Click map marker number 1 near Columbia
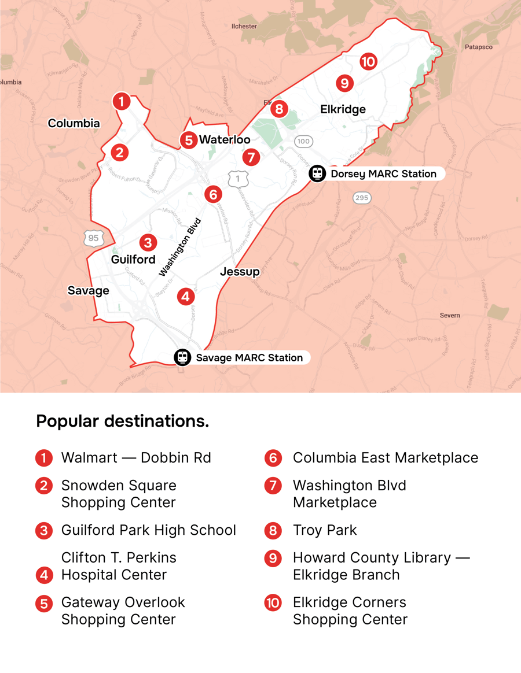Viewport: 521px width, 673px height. pyautogui.click(x=121, y=102)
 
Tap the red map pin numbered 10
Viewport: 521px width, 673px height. pyautogui.click(x=368, y=61)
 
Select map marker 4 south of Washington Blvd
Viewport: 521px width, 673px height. pyautogui.click(x=185, y=297)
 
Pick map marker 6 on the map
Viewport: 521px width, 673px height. pyautogui.click(x=213, y=194)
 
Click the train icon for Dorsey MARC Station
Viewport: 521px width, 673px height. pyautogui.click(x=317, y=173)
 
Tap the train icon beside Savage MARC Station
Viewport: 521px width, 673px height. pyautogui.click(x=183, y=357)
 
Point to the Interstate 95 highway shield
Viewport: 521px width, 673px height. pyautogui.click(x=93, y=238)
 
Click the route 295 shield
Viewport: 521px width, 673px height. pyautogui.click(x=362, y=198)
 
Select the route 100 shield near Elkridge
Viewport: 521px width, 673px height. pyautogui.click(x=303, y=141)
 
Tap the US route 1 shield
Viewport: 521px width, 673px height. pyautogui.click(x=238, y=179)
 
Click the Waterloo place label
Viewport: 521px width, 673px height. pyautogui.click(x=225, y=140)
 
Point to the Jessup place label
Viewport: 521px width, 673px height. pyautogui.click(x=240, y=272)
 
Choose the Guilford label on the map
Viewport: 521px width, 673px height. pyautogui.click(x=133, y=260)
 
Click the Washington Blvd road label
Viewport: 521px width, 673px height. pyautogui.click(x=180, y=247)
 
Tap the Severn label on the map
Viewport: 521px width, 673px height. pyautogui.click(x=449, y=316)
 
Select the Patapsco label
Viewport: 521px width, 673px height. pyautogui.click(x=478, y=47)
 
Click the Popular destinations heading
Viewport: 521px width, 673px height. pyautogui.click(x=123, y=421)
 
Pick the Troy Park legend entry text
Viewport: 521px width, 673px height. pyautogui.click(x=325, y=530)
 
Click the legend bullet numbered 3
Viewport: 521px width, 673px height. pyautogui.click(x=44, y=531)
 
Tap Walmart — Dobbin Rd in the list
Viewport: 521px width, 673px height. pyautogui.click(x=136, y=458)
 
